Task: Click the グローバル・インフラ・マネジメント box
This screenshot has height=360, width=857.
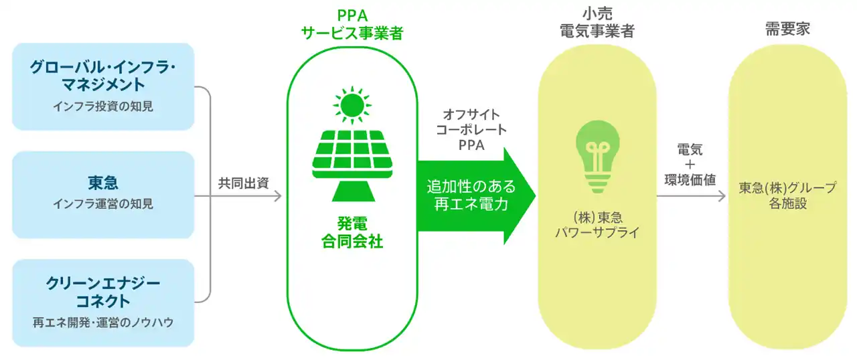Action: (103, 86)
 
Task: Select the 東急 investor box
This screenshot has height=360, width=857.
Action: (103, 194)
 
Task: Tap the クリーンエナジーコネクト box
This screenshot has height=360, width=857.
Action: (103, 302)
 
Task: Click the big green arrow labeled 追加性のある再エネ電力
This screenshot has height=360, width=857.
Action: (476, 195)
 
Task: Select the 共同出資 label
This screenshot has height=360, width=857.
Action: (244, 183)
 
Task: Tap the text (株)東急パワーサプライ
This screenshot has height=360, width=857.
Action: (597, 225)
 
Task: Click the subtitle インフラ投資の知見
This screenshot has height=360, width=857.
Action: (103, 106)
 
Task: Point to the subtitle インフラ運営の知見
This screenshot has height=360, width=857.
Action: (103, 203)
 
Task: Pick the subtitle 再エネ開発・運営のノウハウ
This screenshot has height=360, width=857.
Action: (103, 322)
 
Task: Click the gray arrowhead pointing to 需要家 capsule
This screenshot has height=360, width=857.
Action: (721, 196)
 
